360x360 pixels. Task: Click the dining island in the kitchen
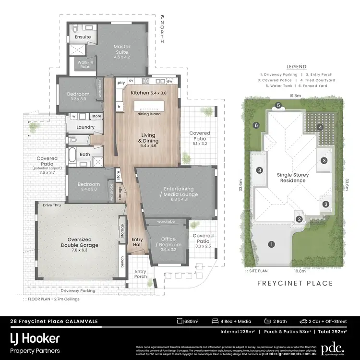click(149, 106)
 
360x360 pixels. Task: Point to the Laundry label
click(85, 127)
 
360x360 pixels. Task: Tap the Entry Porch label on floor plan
click(141, 274)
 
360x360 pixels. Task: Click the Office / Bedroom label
click(168, 242)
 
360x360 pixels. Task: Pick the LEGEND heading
click(296, 67)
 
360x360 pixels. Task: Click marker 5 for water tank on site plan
click(278, 105)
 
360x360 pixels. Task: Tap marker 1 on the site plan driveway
click(271, 244)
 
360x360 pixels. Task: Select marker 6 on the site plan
click(256, 125)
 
